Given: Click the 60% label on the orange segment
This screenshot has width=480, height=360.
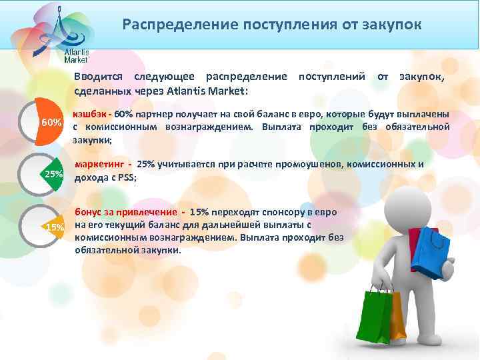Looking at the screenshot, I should (x=51, y=123).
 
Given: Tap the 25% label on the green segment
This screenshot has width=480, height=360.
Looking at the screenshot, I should (x=53, y=174).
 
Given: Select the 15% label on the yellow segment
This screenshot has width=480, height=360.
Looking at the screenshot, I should (x=55, y=228).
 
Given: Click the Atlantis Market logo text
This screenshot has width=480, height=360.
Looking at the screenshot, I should (x=76, y=55).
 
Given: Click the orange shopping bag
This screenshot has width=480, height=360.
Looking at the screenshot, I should (x=397, y=317).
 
